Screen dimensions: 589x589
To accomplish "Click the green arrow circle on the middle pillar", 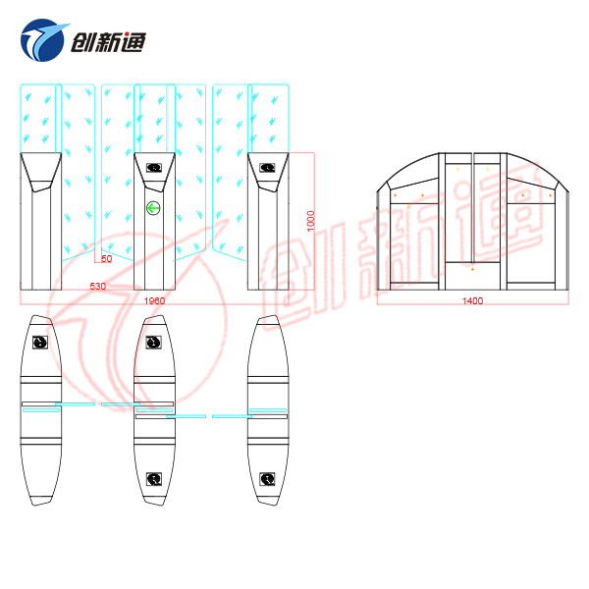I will coord(153,207).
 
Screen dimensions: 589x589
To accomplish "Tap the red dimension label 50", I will coord(106,258).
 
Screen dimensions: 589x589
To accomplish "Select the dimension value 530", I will coord(98,287).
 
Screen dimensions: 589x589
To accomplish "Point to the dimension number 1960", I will coord(154,299).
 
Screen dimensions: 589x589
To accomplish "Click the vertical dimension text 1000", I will coord(309,220).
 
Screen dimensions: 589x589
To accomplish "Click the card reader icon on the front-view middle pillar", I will coord(153,167).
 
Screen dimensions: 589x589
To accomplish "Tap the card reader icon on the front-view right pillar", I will coord(267,167).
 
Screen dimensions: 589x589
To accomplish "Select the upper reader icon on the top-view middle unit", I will coord(154,342).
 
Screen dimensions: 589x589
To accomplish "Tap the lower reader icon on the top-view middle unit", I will coord(154,478).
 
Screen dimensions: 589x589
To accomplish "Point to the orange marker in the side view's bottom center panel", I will coord(472,268).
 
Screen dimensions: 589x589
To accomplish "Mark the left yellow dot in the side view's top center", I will coord(457,169).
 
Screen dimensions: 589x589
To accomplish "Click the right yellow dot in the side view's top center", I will coord(487,169).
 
